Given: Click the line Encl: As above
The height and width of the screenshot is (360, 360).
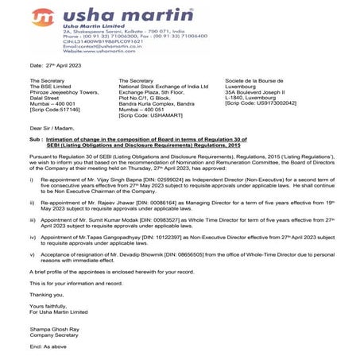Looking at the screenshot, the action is pos(48,348).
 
